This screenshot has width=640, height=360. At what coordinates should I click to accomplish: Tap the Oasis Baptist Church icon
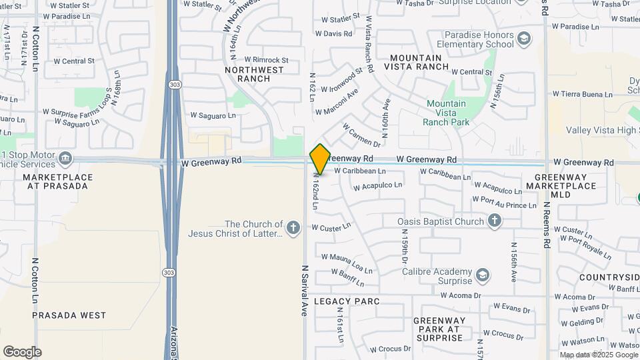coord(494,221)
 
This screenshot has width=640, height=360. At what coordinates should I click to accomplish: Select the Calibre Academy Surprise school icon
coord(482,275)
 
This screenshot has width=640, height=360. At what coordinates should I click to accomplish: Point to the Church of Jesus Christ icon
coord(293,229)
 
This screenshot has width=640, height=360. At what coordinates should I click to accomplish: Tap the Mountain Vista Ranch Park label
coord(446,113)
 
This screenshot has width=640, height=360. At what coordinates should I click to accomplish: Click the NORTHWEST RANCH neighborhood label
coord(247,74)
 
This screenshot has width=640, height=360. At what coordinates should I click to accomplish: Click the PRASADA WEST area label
coord(69,315)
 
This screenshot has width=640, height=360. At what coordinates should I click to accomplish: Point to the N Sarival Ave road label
coord(304,290)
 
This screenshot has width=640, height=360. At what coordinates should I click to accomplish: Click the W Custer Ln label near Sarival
coord(331,227)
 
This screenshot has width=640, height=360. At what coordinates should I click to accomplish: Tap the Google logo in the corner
coord(22,352)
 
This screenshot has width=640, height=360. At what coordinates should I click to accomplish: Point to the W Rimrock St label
coord(266,60)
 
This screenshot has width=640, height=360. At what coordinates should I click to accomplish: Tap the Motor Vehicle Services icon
coord(65,159)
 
